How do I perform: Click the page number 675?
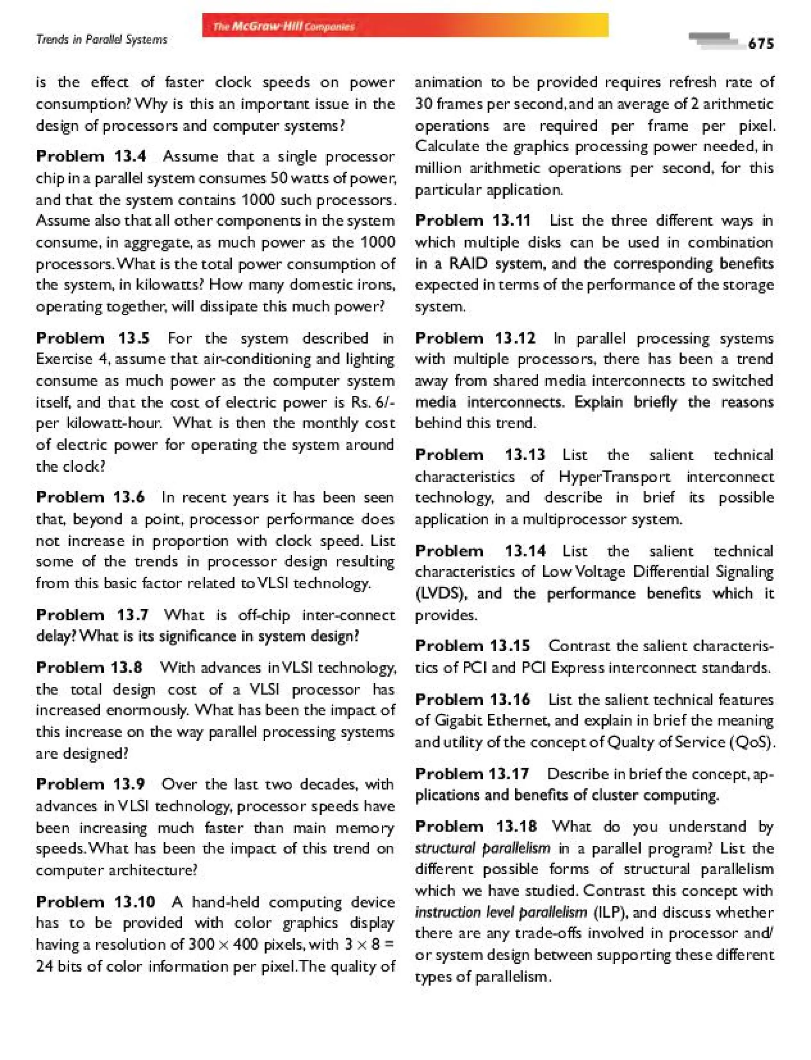(x=760, y=44)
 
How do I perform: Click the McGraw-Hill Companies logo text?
(x=284, y=27)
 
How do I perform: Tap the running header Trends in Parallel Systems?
(x=101, y=40)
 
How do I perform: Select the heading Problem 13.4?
(x=91, y=156)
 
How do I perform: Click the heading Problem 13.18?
(x=476, y=826)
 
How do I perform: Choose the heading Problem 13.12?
(x=476, y=338)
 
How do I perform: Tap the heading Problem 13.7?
(x=92, y=615)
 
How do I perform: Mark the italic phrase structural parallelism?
(x=482, y=848)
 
